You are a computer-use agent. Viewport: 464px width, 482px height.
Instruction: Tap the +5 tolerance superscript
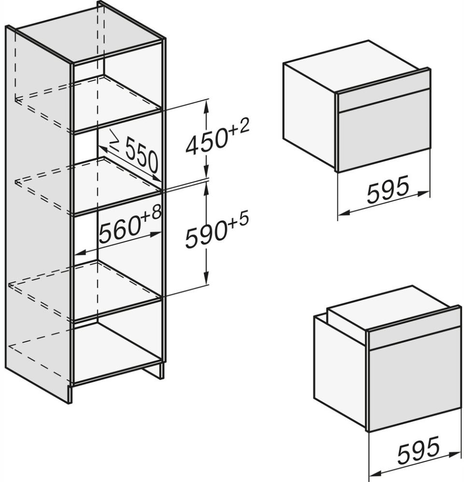[x=238, y=221]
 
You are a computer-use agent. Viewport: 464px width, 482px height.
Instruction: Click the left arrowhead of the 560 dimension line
[x=80, y=252]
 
